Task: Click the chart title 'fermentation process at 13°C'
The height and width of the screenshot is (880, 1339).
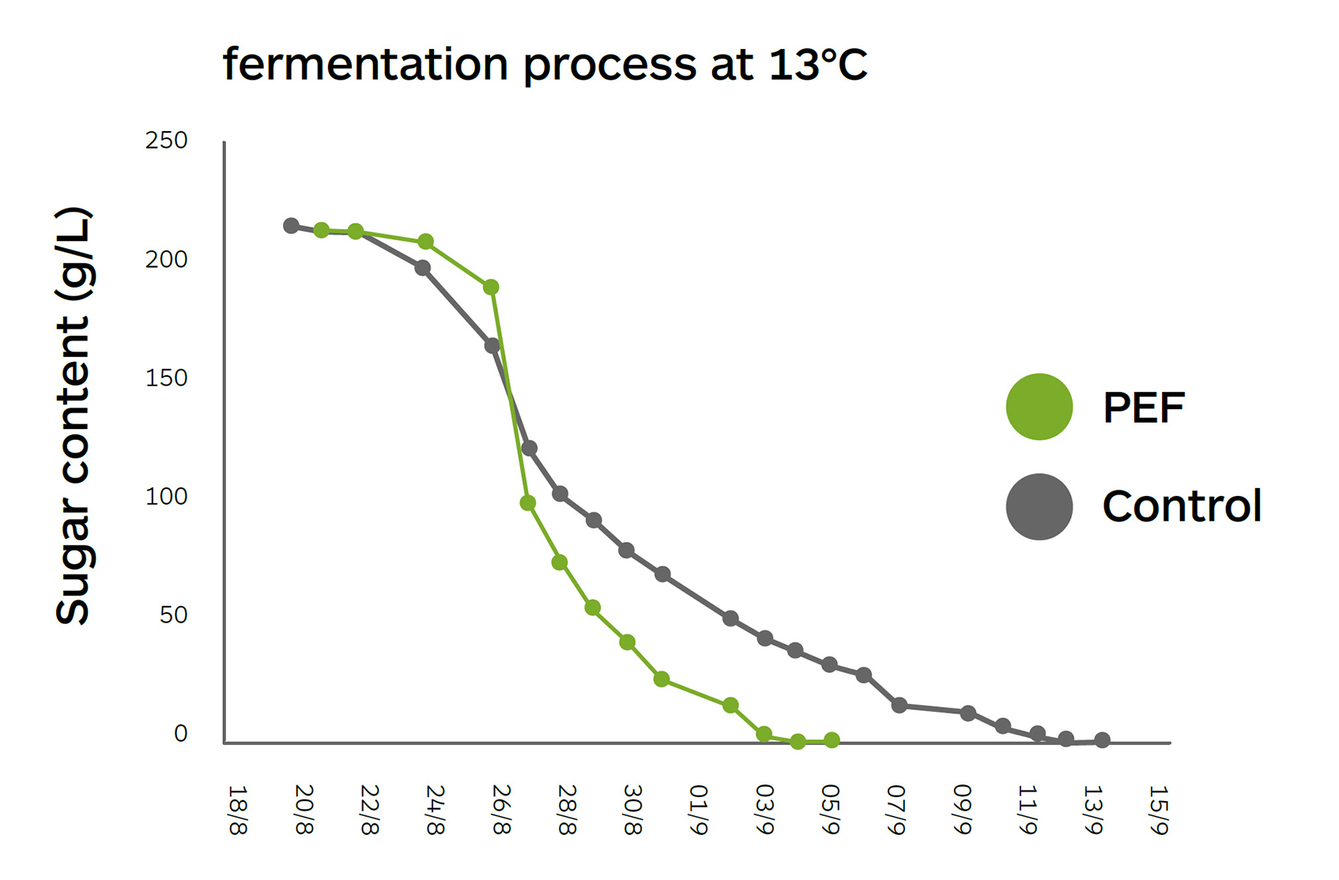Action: pyautogui.click(x=545, y=65)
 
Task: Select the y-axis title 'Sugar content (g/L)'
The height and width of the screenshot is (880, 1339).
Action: pyautogui.click(x=74, y=416)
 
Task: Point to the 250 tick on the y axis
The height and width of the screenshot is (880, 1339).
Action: pyautogui.click(x=166, y=141)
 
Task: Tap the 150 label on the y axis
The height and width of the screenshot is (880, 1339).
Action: pyautogui.click(x=166, y=378)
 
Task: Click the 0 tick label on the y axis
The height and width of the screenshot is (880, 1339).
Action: pyautogui.click(x=181, y=734)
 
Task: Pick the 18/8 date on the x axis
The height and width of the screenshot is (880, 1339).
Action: pyautogui.click(x=237, y=810)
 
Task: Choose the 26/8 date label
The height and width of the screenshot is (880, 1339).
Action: pyautogui.click(x=501, y=810)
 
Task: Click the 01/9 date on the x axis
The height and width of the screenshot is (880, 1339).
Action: pyautogui.click(x=699, y=810)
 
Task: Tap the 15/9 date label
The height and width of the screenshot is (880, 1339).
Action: pyautogui.click(x=1159, y=810)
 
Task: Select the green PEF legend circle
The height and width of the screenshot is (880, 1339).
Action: pyautogui.click(x=1039, y=407)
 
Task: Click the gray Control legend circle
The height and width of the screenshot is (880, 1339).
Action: pyautogui.click(x=1039, y=506)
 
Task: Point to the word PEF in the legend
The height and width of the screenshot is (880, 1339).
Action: pyautogui.click(x=1143, y=408)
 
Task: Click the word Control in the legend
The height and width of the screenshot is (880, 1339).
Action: pyautogui.click(x=1182, y=506)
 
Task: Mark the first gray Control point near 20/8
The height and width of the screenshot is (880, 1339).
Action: pyautogui.click(x=291, y=226)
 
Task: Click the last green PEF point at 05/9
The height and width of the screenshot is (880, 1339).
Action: pyautogui.click(x=832, y=740)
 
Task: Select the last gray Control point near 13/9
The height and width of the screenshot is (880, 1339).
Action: pyautogui.click(x=1103, y=740)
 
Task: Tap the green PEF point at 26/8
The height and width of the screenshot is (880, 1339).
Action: pyautogui.click(x=491, y=288)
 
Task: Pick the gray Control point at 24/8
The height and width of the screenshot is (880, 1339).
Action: pyautogui.click(x=423, y=269)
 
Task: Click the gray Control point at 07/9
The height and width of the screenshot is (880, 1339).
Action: pyautogui.click(x=899, y=705)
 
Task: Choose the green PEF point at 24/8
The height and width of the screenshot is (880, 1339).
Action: pyautogui.click(x=425, y=242)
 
